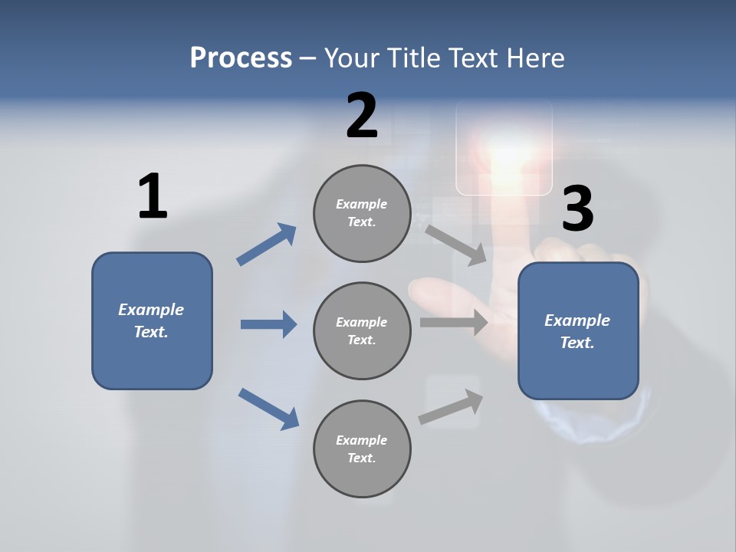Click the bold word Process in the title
pyautogui.click(x=241, y=58)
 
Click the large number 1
pyautogui.click(x=153, y=197)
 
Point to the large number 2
pyautogui.click(x=362, y=117)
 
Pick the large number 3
pyautogui.click(x=577, y=209)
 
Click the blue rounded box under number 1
pyautogui.click(x=152, y=320)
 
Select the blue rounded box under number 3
pyautogui.click(x=578, y=331)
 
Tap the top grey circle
pyautogui.click(x=362, y=213)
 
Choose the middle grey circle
pyautogui.click(x=362, y=331)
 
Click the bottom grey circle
pyautogui.click(x=362, y=449)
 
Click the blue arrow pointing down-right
pyautogui.click(x=268, y=409)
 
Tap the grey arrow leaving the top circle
pyautogui.click(x=455, y=245)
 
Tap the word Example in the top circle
pyautogui.click(x=362, y=205)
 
